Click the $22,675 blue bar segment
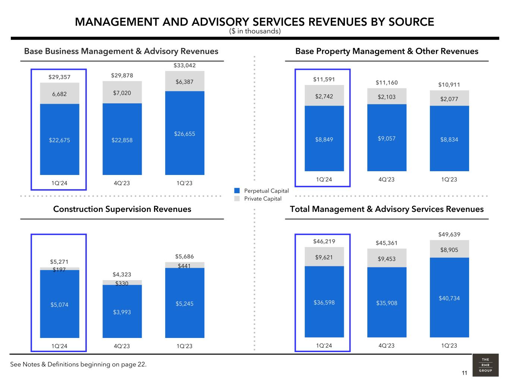tap(60, 140)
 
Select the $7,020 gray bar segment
tap(122, 93)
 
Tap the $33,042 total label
tap(185, 65)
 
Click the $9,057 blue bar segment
tap(387, 138)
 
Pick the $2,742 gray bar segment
tap(324, 96)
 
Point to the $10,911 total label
tap(449, 85)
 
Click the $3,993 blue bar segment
tap(122, 312)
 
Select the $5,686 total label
tap(185, 257)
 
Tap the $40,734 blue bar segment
tap(449, 298)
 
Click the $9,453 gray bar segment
tap(387, 259)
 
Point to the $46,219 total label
tap(324, 241)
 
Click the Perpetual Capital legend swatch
tap(237, 191)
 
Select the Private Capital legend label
tap(263, 199)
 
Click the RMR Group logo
tap(485, 365)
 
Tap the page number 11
tap(464, 373)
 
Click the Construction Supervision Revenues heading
tap(122, 209)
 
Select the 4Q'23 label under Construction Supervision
tap(122, 346)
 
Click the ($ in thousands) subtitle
tap(255, 31)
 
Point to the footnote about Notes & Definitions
tap(78, 364)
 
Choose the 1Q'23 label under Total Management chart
tap(449, 345)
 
